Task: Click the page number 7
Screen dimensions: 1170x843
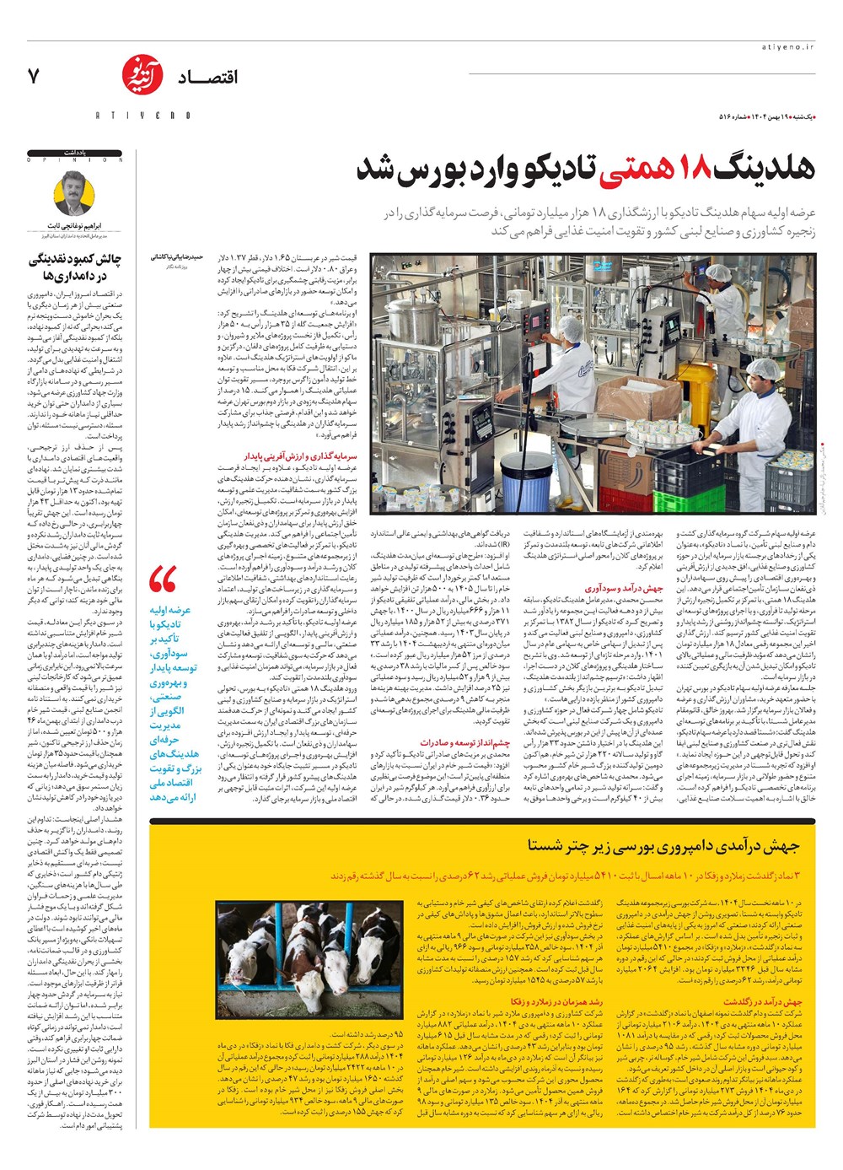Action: click(34, 76)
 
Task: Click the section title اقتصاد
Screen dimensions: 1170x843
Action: click(207, 78)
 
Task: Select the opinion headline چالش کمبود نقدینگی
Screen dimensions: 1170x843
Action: click(76, 259)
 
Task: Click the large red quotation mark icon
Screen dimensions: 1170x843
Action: click(163, 580)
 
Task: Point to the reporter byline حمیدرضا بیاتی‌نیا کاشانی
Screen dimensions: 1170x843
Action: click(177, 256)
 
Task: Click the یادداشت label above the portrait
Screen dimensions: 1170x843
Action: click(106, 153)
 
